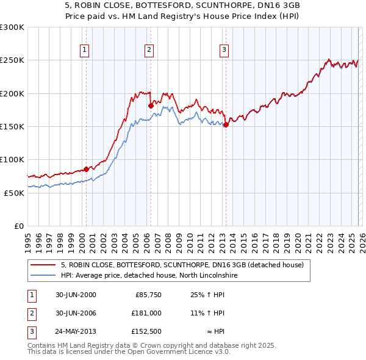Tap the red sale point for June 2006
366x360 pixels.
coord(151,106)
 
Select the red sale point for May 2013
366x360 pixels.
coord(226,124)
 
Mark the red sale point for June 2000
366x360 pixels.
coord(86,168)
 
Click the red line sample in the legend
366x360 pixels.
coord(43,265)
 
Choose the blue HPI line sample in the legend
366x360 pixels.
coord(43,275)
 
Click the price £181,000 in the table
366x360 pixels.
coord(146,312)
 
